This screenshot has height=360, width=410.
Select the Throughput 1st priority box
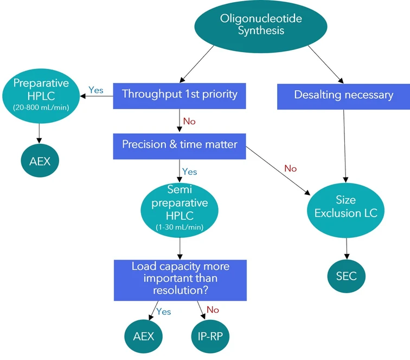180,94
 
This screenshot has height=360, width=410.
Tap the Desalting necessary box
343,95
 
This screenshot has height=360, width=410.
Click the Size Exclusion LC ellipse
345,207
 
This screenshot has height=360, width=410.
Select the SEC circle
346,276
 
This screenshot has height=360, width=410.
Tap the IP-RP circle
210,336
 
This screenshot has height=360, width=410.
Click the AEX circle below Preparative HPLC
40,162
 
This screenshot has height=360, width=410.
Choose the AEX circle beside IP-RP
144,336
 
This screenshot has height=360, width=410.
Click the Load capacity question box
180,280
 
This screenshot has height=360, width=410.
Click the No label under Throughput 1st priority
189,121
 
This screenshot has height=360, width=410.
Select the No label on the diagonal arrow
290,168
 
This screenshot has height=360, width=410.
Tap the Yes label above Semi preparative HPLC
189,172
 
